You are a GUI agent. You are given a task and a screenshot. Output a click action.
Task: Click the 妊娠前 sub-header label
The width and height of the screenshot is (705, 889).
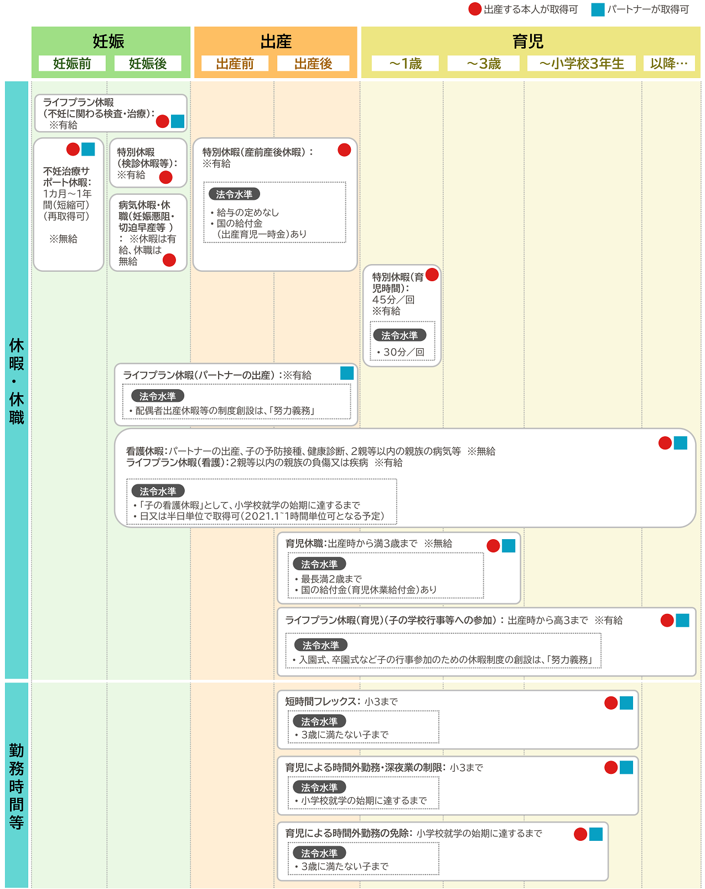(x=72, y=63)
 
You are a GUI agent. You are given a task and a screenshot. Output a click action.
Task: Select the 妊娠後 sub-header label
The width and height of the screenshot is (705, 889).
(x=148, y=63)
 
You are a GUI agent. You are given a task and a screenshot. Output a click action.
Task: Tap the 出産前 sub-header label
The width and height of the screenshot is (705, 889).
(x=235, y=63)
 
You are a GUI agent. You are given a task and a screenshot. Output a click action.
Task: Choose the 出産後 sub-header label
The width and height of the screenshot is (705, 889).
(x=313, y=63)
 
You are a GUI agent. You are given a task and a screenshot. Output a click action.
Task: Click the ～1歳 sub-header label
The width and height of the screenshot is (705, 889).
(x=405, y=63)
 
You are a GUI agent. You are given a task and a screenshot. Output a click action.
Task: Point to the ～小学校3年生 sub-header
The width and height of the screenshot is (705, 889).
(x=581, y=63)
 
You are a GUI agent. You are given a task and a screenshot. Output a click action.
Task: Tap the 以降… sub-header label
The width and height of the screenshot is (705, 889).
(x=668, y=63)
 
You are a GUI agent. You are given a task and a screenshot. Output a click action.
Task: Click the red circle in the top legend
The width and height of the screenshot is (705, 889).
(x=475, y=9)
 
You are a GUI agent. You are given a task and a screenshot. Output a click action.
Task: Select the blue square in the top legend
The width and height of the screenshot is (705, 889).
(x=598, y=9)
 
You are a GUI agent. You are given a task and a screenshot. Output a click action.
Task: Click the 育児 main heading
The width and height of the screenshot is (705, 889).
(x=528, y=42)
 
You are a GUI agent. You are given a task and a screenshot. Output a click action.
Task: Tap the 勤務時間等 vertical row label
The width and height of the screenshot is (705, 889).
(x=17, y=787)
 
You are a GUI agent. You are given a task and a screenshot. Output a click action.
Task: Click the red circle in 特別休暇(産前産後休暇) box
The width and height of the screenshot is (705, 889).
(x=344, y=150)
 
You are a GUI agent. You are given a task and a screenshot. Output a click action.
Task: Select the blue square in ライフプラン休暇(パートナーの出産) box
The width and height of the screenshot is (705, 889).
(x=347, y=373)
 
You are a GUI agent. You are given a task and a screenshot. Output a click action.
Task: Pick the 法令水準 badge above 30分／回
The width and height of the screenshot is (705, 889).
(x=399, y=335)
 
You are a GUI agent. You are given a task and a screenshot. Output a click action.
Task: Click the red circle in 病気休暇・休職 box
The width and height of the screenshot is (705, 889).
(x=169, y=260)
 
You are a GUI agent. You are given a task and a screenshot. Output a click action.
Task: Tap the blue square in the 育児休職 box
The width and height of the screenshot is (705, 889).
(x=509, y=546)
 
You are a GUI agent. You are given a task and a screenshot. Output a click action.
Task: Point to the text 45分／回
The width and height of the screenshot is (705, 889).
(x=393, y=299)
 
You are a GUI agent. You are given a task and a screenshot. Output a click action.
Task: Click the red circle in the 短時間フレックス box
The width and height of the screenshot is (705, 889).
(x=611, y=702)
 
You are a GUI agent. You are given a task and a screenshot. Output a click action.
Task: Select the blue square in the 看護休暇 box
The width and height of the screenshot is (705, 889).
(x=681, y=443)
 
